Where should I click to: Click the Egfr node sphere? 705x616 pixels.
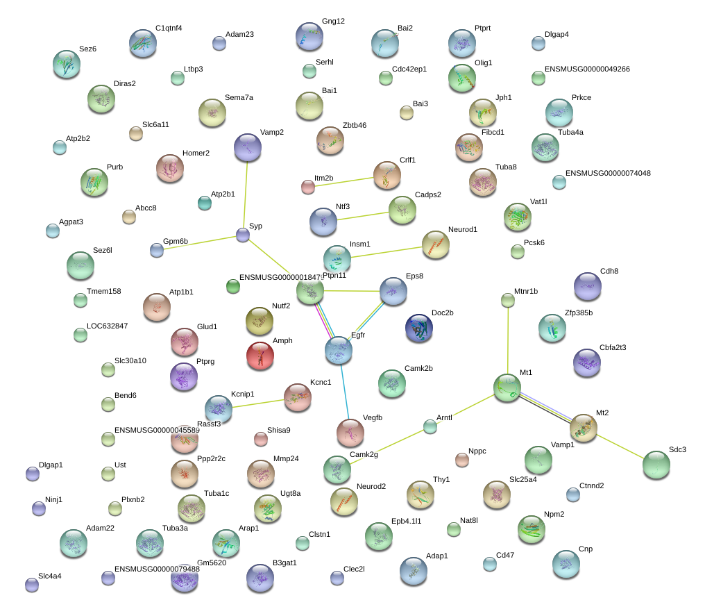(339, 350)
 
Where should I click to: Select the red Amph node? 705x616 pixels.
(260, 356)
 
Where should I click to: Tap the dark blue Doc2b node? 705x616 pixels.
(419, 328)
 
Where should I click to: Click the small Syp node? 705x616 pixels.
(243, 235)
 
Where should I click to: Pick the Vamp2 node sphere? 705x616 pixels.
(248, 148)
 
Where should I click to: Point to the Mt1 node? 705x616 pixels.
(507, 388)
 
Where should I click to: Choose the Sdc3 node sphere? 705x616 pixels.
(656, 465)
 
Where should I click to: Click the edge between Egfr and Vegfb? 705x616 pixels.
(344, 392)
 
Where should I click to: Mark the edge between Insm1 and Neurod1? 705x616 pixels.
(387, 252)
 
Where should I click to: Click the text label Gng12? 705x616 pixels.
(333, 21)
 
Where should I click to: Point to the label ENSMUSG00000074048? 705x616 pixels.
(608, 173)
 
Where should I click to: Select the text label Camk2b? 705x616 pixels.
(418, 368)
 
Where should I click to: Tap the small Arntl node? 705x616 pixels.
(430, 426)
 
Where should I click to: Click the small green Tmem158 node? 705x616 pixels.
(80, 300)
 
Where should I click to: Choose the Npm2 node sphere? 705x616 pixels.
(532, 530)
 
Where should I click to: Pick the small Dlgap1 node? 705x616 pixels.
(33, 474)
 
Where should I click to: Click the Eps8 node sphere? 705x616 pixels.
(393, 291)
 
